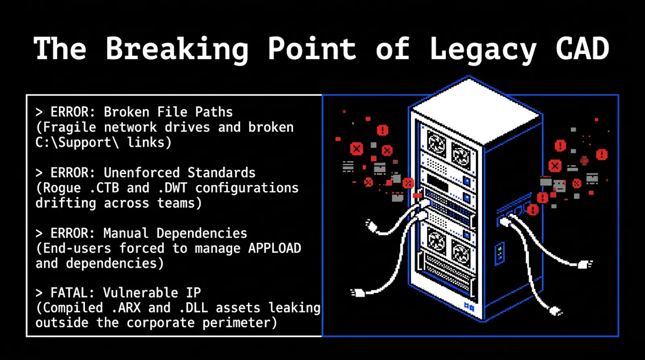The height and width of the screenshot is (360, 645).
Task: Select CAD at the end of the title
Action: click(583, 48)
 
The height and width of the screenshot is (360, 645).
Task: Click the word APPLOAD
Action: click(275, 248)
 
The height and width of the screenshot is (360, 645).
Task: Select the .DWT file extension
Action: click(173, 188)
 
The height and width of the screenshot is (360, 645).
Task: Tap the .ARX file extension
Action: click(126, 308)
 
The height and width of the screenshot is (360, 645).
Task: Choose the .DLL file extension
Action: click(193, 308)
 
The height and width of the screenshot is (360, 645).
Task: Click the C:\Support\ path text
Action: click(77, 142)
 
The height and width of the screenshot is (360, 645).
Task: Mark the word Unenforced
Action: click(141, 173)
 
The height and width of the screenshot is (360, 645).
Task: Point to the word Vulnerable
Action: click(141, 293)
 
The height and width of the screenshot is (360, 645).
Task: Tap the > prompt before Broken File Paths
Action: click(39, 112)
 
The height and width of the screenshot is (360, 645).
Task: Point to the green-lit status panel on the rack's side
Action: click(500, 254)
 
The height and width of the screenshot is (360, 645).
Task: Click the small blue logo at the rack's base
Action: click(469, 306)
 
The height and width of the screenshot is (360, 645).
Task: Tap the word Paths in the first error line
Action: click(214, 112)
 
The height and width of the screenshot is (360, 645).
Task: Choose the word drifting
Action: click(66, 203)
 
